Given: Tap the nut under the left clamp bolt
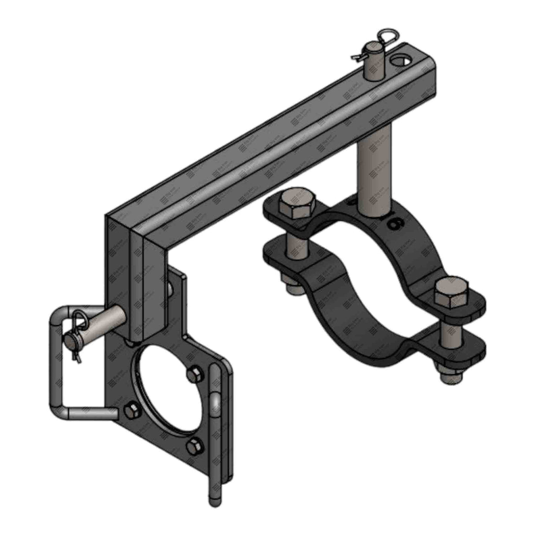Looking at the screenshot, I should point(292,288).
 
